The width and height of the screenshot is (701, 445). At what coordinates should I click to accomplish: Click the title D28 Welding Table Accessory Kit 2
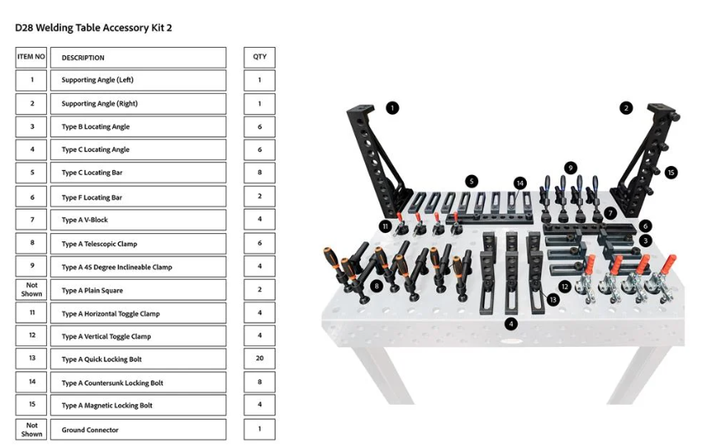point(94,28)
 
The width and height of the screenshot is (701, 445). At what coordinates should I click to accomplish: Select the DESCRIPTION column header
point(138,58)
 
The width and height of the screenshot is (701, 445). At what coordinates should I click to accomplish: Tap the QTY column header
point(260,57)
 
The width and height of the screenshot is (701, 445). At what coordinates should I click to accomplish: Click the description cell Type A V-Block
point(138,220)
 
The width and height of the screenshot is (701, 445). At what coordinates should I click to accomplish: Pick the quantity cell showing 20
point(260,358)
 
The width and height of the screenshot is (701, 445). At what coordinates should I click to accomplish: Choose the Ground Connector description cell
point(138,429)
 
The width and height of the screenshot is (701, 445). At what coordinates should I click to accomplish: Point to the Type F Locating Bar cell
point(138,197)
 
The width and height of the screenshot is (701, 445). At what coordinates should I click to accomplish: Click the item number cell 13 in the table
point(31,358)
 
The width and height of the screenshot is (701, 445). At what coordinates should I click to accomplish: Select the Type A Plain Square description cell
point(138,290)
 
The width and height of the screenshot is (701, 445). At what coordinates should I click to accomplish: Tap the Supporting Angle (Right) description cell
point(138,103)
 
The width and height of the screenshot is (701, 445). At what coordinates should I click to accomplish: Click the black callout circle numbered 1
point(392,108)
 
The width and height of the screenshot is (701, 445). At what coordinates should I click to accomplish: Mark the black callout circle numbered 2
point(626,108)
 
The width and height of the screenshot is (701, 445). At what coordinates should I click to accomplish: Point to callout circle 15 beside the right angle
point(671,172)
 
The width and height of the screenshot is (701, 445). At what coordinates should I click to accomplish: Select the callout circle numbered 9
point(570,168)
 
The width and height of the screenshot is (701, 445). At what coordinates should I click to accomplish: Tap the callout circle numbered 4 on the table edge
point(511,323)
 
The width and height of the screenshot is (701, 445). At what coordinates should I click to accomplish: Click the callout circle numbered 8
point(377,285)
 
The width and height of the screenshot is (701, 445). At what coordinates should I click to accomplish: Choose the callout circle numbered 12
point(564,287)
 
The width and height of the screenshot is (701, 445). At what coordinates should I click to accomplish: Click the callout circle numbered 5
point(472,181)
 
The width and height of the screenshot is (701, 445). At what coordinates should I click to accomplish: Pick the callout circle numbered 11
point(385,226)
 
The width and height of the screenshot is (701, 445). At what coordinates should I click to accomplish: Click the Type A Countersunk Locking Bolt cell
point(138,382)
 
